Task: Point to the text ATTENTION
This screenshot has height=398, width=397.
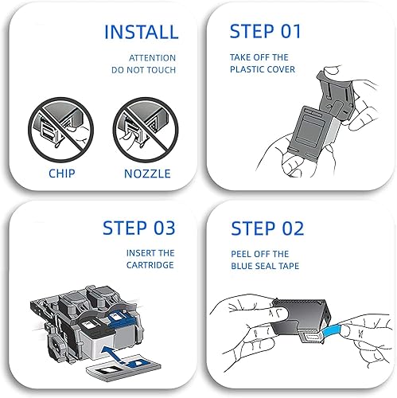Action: pyautogui.click(x=153, y=58)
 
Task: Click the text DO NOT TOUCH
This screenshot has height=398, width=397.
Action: pyautogui.click(x=144, y=70)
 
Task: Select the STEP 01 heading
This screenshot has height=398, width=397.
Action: pyautogui.click(x=267, y=32)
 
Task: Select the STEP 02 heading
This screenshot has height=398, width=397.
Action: pyautogui.click(x=267, y=228)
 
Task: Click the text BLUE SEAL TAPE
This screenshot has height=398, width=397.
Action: pyautogui.click(x=266, y=267)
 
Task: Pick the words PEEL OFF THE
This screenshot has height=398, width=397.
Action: pyautogui.click(x=259, y=255)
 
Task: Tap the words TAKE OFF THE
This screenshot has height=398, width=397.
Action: pyautogui.click(x=259, y=58)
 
